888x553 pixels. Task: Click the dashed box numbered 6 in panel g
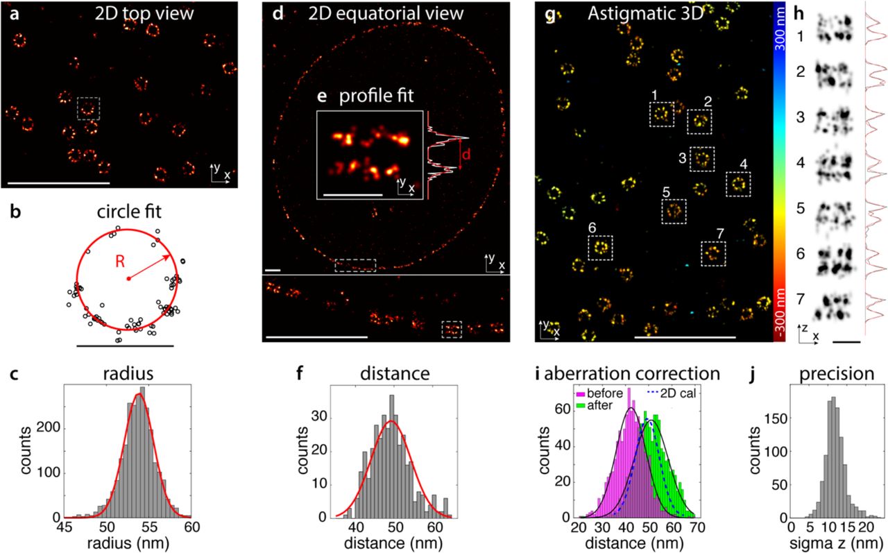click(x=601, y=247)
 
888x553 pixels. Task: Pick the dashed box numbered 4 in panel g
click(x=738, y=184)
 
